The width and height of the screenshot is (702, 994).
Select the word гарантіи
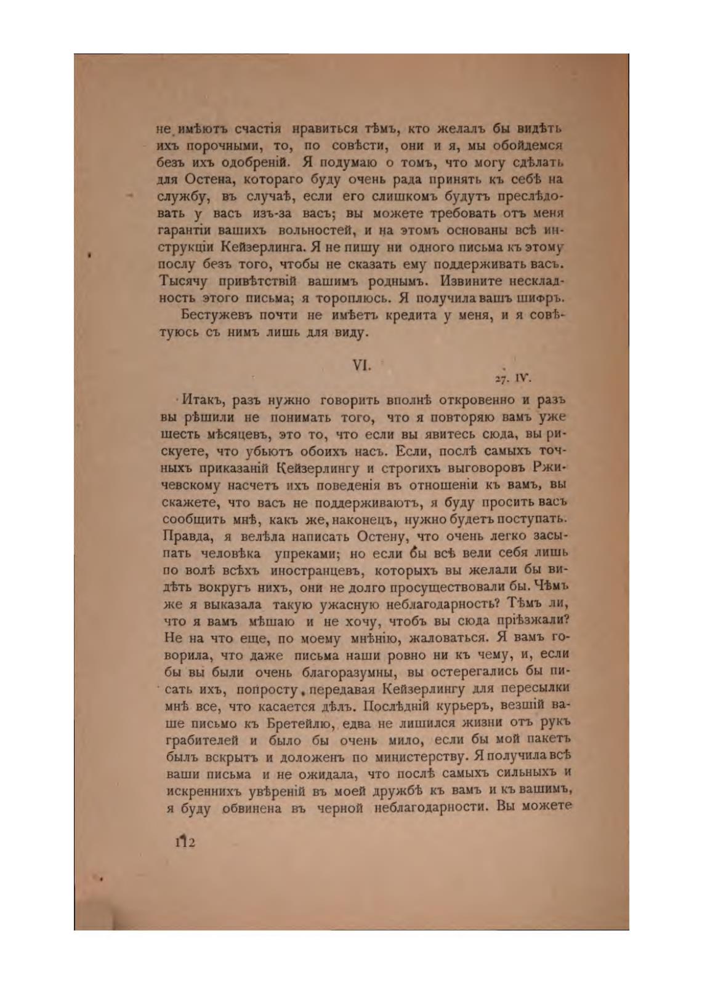click(185, 231)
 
